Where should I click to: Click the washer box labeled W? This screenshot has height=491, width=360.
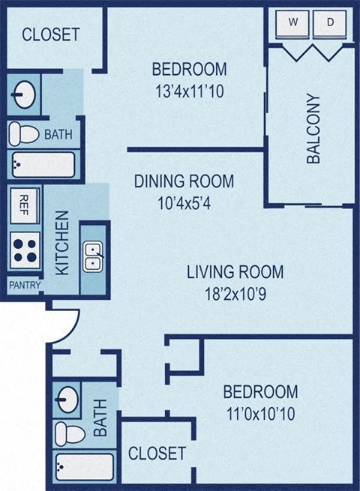coord(294,23)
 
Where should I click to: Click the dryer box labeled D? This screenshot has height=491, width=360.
coord(330,23)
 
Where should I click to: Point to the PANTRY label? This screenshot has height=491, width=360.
coord(25,285)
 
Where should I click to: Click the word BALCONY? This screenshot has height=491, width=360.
coord(313,128)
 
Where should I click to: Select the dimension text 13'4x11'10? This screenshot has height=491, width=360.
coord(189,92)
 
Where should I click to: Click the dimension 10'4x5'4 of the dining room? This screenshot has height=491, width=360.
coord(184,202)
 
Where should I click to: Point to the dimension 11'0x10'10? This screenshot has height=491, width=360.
coord(260,413)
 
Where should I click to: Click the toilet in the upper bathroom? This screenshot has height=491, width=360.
coord(24,135)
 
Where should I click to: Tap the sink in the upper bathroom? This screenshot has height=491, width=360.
coord(24,94)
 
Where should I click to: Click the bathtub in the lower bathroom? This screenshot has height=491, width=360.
coord(84,466)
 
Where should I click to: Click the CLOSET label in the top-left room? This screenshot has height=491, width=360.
coord(50,34)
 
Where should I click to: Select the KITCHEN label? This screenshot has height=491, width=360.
coord(63,242)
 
